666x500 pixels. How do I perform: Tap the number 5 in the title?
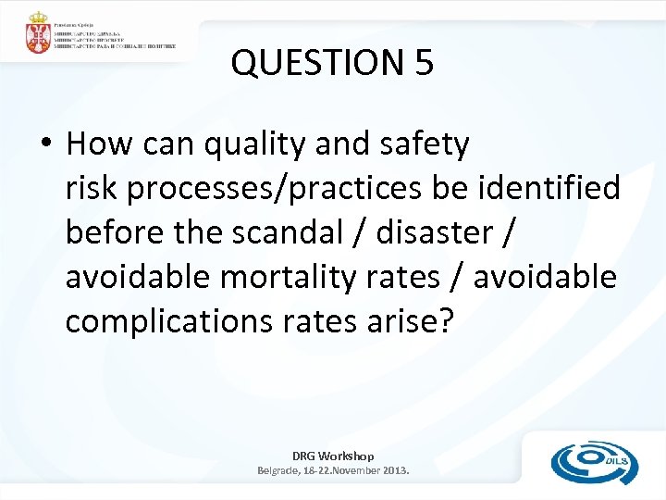(x=423, y=62)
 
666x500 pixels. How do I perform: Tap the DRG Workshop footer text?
(x=333, y=456)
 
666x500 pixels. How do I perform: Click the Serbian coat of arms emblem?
(x=38, y=33)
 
